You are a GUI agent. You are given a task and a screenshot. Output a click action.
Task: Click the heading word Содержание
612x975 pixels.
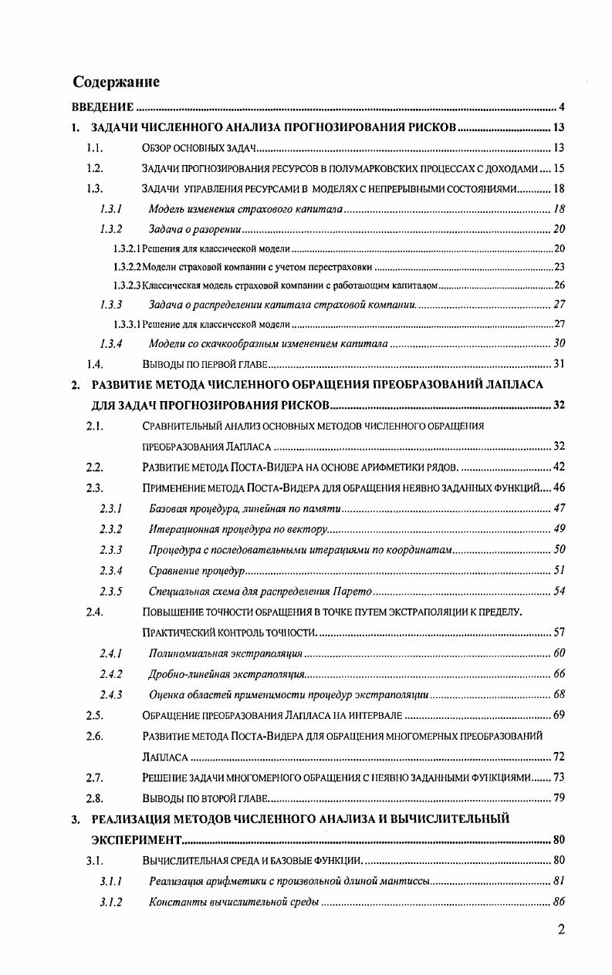[117, 82]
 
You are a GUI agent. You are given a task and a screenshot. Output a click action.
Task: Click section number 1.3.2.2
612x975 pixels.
[127, 267]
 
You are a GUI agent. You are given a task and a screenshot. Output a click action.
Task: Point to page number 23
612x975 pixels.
[560, 267]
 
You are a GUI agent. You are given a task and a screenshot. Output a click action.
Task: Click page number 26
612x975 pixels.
[560, 285]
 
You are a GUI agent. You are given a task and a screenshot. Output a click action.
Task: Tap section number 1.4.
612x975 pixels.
[95, 363]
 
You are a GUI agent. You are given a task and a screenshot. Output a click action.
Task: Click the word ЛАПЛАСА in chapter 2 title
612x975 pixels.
[516, 384]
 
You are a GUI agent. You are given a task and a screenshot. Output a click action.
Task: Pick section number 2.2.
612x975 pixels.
[95, 466]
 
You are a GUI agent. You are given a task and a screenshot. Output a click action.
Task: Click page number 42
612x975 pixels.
[560, 466]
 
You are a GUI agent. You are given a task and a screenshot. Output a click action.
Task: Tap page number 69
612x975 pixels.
[560, 715]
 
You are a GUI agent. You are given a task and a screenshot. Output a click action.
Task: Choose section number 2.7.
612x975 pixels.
[95, 777]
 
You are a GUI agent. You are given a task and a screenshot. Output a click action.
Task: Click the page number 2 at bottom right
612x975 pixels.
[562, 929]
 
